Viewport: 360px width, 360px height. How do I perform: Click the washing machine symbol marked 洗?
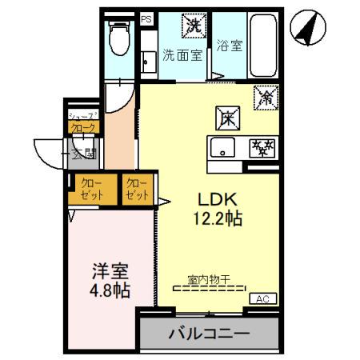[193, 25]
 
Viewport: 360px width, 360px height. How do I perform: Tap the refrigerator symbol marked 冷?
[265, 98]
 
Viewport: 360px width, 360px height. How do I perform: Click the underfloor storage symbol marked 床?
[226, 117]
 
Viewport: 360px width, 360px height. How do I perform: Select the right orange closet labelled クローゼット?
[138, 189]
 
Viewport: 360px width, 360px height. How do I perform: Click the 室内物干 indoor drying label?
[209, 279]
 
